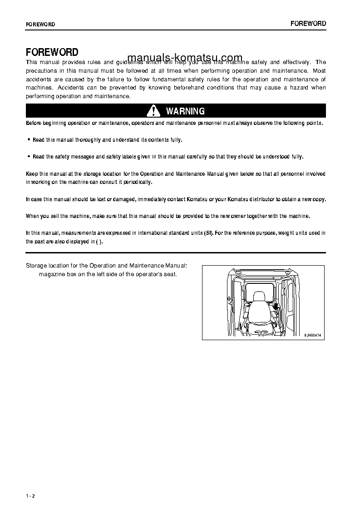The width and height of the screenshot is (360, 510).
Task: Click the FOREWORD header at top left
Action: [40, 25]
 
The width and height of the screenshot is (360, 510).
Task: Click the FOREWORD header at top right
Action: [308, 24]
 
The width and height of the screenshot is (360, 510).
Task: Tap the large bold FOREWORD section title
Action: [52, 52]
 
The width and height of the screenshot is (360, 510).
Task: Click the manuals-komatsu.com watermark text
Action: [185, 58]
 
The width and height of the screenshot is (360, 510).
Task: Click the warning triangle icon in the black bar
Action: [154, 111]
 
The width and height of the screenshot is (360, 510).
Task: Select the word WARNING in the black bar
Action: [185, 111]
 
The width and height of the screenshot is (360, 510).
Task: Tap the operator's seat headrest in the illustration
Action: [259, 297]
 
